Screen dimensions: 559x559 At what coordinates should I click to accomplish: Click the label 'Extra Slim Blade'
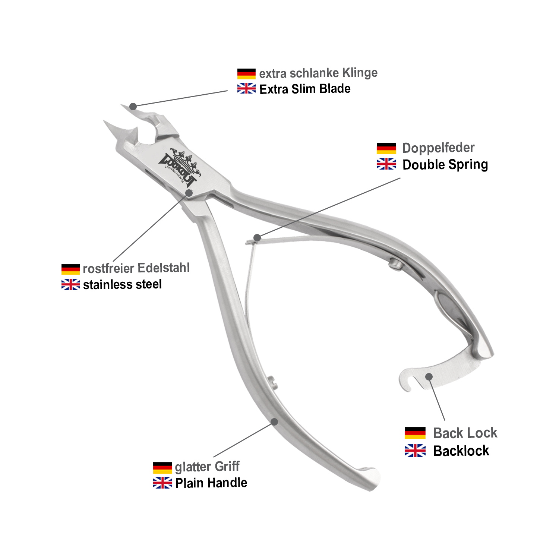[305, 89]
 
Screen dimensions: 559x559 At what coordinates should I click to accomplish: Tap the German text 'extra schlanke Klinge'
[318, 73]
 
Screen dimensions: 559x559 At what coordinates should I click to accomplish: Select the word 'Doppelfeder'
[438, 148]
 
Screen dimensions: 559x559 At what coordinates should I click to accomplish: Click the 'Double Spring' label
[445, 165]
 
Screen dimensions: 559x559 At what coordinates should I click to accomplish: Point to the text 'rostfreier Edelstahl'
[136, 268]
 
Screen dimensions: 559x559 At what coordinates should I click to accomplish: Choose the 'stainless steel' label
[122, 285]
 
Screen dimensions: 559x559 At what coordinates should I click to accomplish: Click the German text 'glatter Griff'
[207, 467]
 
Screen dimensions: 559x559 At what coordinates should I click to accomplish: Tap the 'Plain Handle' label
[211, 483]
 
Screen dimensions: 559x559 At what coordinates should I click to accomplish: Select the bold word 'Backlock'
[461, 451]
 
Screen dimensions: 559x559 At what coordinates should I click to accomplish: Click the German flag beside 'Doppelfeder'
[386, 148]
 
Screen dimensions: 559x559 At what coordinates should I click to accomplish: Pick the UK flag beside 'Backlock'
[415, 451]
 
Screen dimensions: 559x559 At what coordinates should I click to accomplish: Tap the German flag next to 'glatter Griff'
[162, 467]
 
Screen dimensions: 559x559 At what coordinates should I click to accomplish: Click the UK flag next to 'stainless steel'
[70, 284]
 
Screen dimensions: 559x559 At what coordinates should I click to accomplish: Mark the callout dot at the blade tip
[133, 107]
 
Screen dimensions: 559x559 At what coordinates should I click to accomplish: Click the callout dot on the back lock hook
[429, 377]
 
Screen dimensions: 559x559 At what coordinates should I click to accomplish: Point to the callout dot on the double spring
[257, 238]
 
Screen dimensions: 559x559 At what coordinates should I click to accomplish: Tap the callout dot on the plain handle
[274, 422]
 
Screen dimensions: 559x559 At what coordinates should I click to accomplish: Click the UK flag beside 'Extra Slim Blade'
[246, 89]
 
